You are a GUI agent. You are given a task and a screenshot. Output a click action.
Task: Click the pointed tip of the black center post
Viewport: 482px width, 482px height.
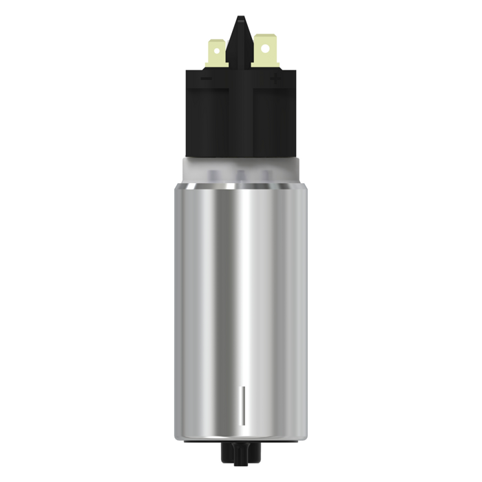[x=240, y=19]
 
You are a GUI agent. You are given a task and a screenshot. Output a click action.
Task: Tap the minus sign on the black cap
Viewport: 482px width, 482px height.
[x=206, y=79]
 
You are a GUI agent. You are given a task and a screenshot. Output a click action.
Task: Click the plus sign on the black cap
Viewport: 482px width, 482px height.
[x=276, y=79]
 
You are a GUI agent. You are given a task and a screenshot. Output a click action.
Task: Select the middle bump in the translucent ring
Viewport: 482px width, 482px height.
[x=241, y=176]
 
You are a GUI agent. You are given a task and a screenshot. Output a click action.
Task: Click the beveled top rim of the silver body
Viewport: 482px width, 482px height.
[x=241, y=188]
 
